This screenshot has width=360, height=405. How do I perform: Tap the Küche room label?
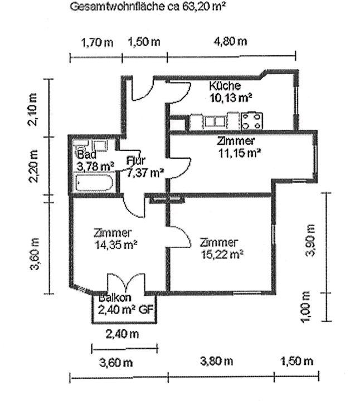tap(225, 86)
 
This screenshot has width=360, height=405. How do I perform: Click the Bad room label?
tap(86, 154)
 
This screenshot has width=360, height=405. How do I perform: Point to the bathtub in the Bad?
tap(94, 183)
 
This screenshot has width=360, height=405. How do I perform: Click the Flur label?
tap(135, 160)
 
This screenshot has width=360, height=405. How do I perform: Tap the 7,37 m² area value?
tap(145, 172)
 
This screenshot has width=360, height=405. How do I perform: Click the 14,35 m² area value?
tap(116, 245)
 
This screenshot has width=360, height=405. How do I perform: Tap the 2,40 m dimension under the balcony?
tap(123, 334)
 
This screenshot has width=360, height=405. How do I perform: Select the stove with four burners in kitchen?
tap(252, 120)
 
